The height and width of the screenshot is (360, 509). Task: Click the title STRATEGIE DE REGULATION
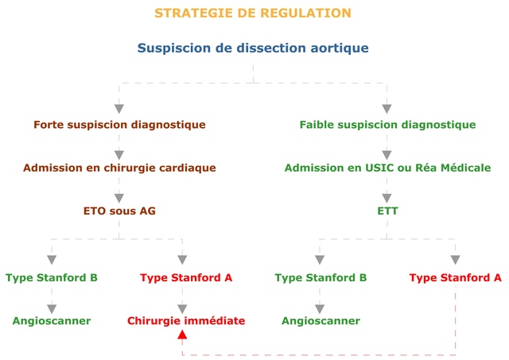253,13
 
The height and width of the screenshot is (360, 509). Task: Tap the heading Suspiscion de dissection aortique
253,48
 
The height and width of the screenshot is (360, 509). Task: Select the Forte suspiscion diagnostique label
119,125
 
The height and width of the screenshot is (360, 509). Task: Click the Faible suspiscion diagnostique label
387,125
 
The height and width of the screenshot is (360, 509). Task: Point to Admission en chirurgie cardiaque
119,168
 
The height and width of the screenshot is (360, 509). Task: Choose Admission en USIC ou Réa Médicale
387,168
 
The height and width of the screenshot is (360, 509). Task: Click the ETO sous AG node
119,211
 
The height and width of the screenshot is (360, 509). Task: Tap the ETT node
387,211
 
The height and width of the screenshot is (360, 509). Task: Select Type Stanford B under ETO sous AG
52,277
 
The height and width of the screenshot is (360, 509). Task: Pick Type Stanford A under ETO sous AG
186,277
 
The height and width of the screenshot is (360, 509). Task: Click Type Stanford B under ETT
321,277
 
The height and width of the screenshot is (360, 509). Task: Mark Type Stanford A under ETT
455,277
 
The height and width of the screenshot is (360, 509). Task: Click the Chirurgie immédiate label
186,321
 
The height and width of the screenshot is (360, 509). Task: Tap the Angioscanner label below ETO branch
52,321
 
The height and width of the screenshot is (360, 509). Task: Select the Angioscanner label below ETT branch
321,321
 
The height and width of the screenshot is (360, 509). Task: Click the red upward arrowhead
182,335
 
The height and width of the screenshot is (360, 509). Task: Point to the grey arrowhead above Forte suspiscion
119,109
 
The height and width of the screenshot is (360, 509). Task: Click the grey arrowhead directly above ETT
387,198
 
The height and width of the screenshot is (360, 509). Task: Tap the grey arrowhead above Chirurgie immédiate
182,309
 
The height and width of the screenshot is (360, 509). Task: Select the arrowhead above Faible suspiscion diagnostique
387,109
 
